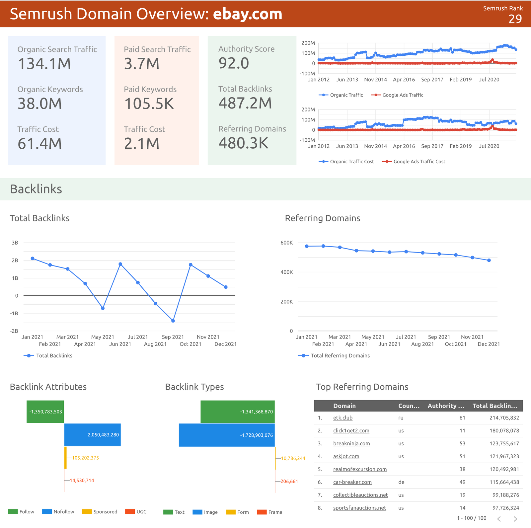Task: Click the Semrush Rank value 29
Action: coord(515,19)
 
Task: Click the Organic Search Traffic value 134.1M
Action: coord(44,64)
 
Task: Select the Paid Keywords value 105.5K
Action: coord(149,104)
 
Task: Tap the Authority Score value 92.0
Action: coord(234,63)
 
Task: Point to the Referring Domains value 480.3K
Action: coord(243,143)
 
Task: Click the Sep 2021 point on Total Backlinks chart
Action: coord(173,321)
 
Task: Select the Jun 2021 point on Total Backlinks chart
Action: coord(120,264)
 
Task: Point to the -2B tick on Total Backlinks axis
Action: coord(14,331)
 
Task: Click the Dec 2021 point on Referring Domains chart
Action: coord(489,261)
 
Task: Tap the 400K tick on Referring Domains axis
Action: coord(287,272)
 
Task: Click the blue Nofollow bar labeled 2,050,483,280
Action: coord(92,435)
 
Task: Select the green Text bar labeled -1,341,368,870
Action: coord(238,412)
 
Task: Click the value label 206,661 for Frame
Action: coord(289,481)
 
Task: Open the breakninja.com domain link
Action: coord(351,444)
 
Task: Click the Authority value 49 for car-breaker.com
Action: coord(462,482)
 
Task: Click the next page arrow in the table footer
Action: coord(515,519)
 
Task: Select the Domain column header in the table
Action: coord(344,406)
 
